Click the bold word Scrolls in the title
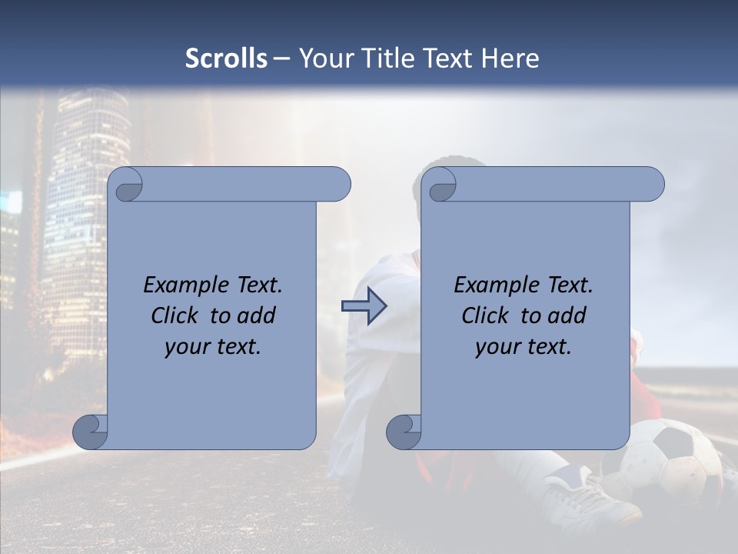point(227,58)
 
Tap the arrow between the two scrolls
point(364,307)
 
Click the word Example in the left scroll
point(184,285)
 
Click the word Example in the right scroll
point(494,285)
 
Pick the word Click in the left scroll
point(177,315)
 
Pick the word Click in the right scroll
point(487,315)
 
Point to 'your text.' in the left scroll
point(213,346)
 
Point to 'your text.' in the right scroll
point(524,346)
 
